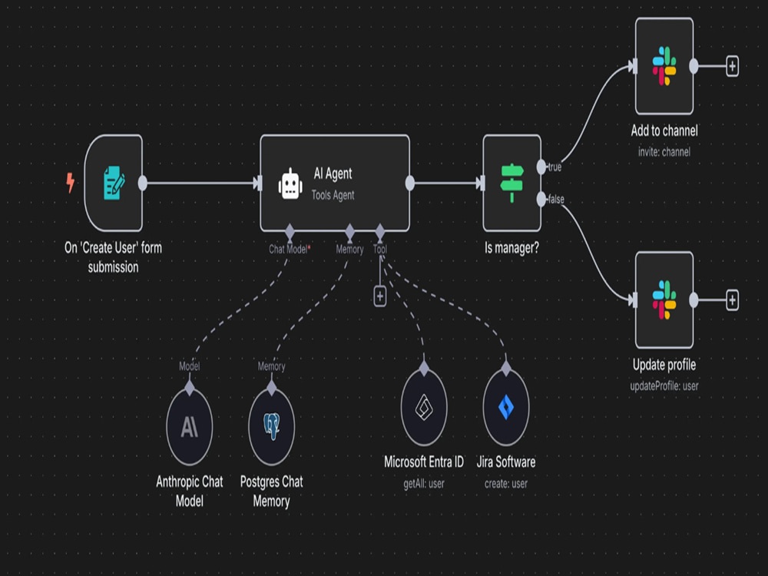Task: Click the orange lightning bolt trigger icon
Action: pos(71,182)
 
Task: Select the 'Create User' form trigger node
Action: pos(114,184)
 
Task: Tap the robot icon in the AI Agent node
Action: pos(290,184)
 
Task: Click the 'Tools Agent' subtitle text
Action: pos(333,195)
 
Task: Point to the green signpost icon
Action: pos(511,183)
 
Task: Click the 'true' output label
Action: pos(554,167)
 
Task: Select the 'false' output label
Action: pos(556,200)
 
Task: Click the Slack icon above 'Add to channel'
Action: pos(664,65)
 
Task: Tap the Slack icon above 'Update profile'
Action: pos(664,300)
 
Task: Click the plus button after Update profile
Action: pos(732,300)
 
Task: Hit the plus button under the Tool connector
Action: pos(380,296)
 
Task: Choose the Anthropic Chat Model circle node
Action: pos(190,425)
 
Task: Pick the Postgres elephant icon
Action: pos(271,425)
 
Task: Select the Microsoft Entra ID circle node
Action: pos(424,406)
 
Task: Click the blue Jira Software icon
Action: pos(506,407)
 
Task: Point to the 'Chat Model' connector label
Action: pos(288,250)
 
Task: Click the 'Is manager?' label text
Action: pos(511,248)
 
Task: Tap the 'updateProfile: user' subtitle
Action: pos(664,386)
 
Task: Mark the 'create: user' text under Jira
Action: pos(506,484)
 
